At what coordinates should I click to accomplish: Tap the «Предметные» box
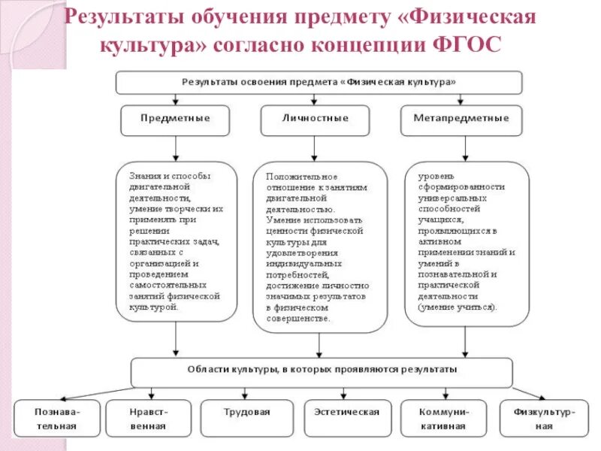pos(175,119)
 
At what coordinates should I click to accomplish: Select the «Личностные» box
pos(316,119)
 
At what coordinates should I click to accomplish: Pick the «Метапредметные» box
pos(461,119)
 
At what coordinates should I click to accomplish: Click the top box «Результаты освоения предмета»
pos(319,81)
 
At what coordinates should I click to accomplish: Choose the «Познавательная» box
pos(57,418)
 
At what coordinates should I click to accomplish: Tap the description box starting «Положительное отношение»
pos(320,247)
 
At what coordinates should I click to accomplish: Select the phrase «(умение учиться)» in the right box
pos(458,307)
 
